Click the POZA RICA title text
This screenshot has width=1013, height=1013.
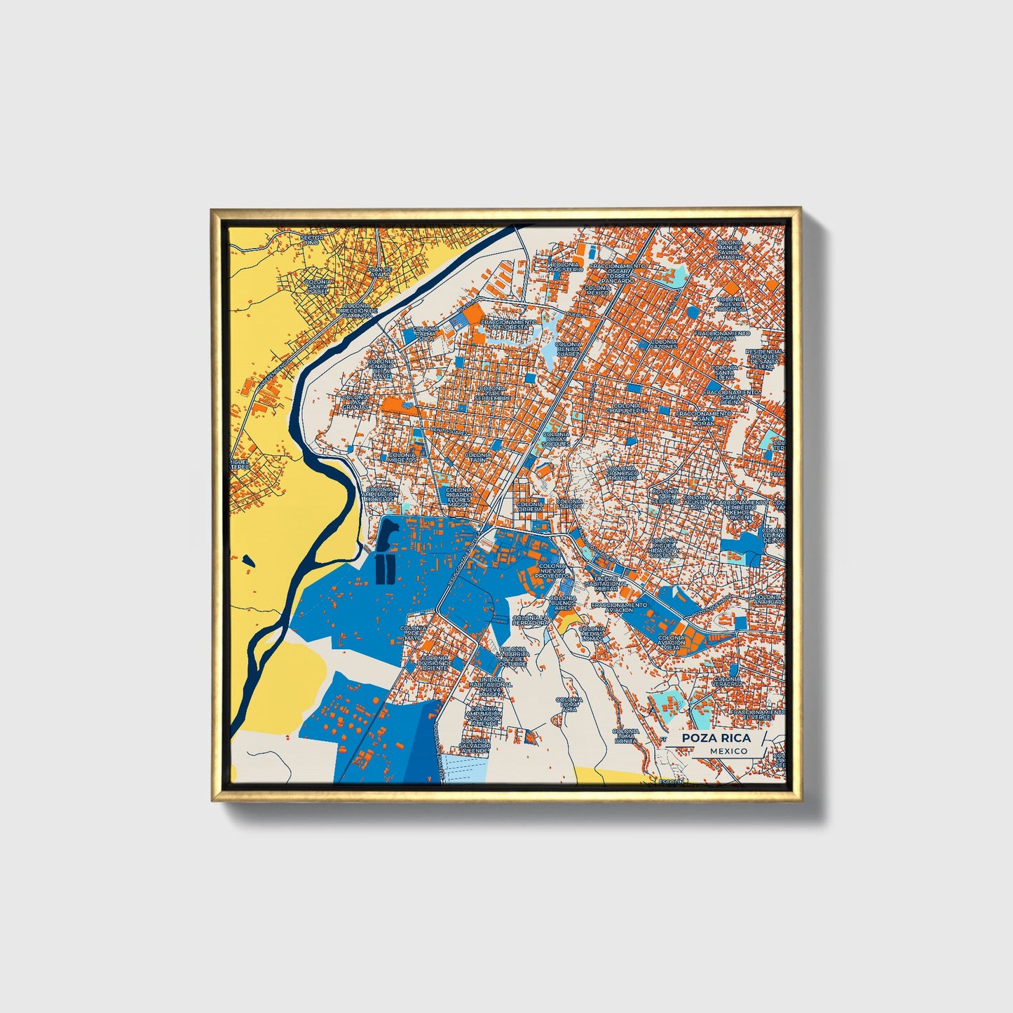coord(716,737)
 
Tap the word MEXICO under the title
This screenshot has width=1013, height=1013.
coord(728,751)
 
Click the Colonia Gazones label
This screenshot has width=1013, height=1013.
coord(663,344)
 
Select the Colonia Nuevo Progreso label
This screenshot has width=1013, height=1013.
coord(730,304)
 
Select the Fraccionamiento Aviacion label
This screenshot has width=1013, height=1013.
coord(619,607)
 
